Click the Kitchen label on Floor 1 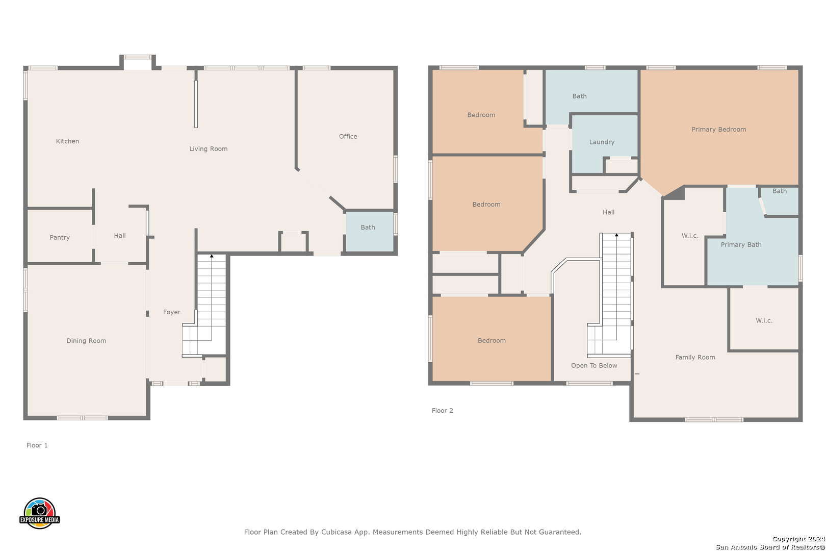click(67, 141)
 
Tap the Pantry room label click(60, 237)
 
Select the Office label click(348, 136)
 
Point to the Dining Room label click(86, 341)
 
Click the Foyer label click(172, 312)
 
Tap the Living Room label click(209, 149)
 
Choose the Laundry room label click(602, 142)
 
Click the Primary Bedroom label click(719, 129)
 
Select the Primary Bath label click(741, 245)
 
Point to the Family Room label click(695, 357)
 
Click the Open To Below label click(594, 365)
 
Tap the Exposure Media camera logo click(39, 513)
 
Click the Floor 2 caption click(443, 410)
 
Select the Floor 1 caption click(37, 445)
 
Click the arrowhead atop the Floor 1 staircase click(212, 256)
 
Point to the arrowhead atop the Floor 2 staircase click(616, 235)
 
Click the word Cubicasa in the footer click(337, 532)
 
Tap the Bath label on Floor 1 click(368, 228)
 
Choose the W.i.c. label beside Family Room click(764, 320)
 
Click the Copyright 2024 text click(798, 539)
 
